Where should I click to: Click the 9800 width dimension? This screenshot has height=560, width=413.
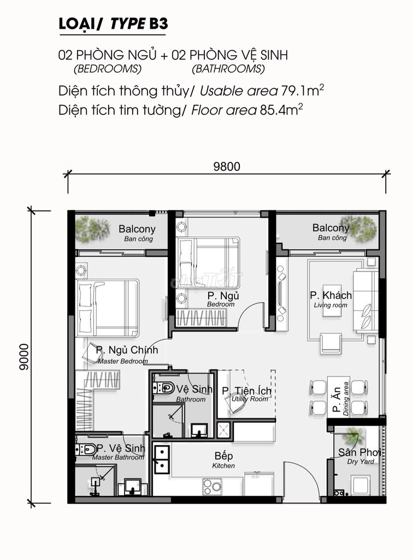coord(227,166)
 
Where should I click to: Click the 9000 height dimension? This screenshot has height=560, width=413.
coord(24,357)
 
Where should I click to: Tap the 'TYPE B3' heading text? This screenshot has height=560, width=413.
coord(139,24)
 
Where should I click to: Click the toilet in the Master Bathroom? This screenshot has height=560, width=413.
coord(85,449)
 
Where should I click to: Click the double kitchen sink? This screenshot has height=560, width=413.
coord(161,459)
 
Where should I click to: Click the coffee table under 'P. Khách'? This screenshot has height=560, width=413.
coord(332,300)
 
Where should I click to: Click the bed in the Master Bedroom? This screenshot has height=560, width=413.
coord(108,308)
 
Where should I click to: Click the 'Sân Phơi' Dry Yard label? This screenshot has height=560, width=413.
coord(359,456)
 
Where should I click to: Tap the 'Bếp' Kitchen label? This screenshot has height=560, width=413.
coord(223,459)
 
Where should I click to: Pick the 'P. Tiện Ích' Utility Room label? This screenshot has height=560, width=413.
coord(246,394)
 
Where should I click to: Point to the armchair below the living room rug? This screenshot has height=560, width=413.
coord(331,343)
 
